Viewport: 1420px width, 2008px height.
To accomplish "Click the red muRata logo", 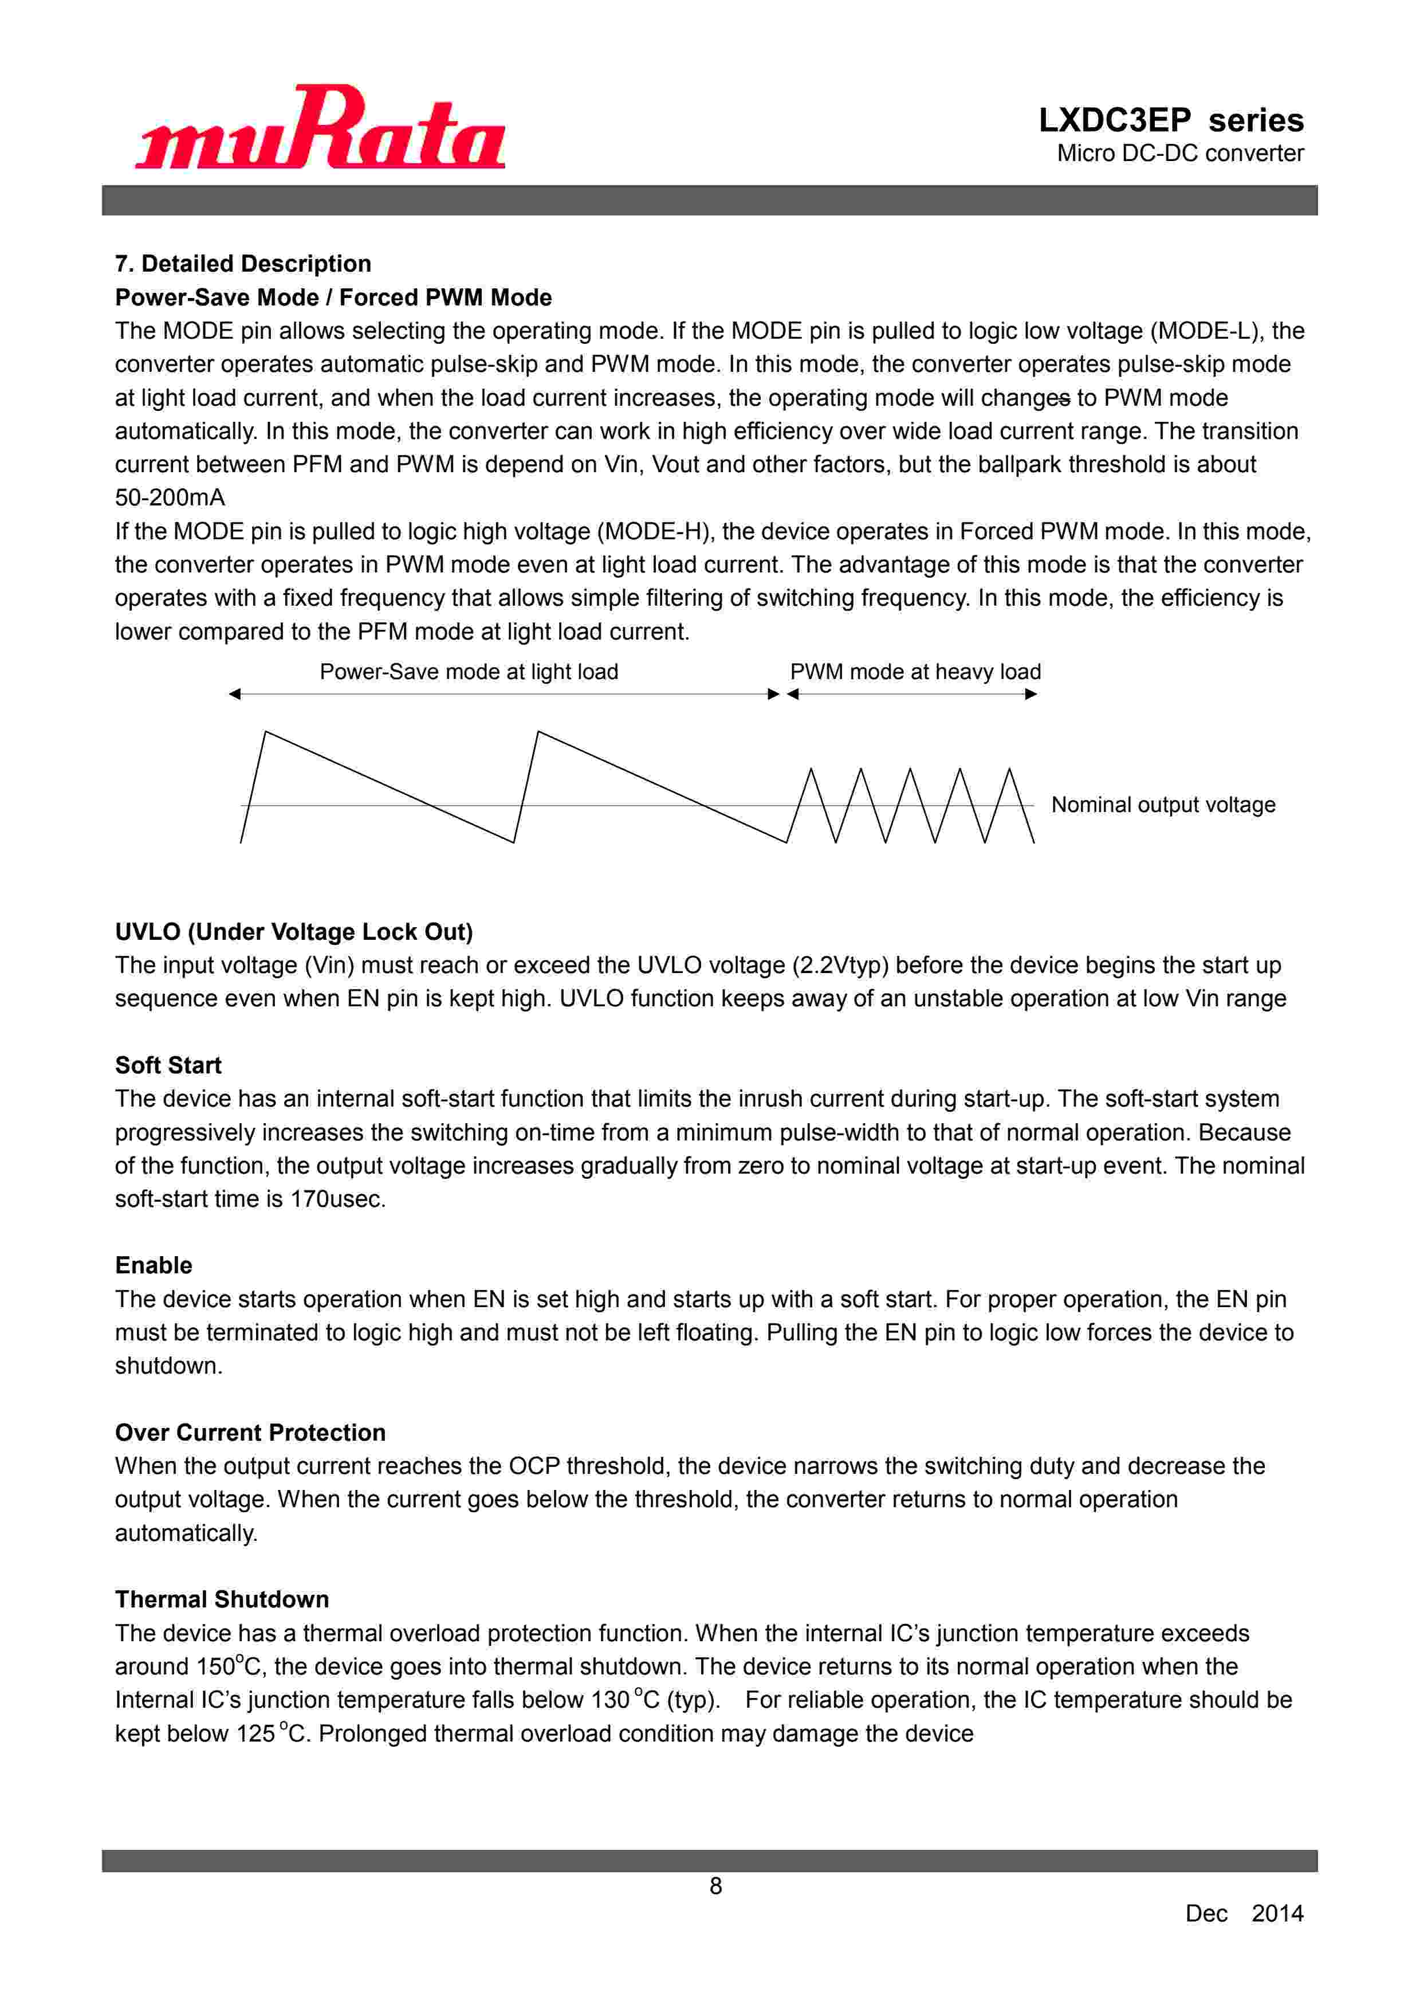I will point(320,128).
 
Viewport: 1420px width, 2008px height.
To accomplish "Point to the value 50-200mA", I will point(170,497).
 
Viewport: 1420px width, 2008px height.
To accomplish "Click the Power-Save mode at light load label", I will point(469,672).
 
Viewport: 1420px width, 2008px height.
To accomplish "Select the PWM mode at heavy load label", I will point(915,672).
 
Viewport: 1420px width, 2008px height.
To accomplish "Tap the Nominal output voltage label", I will point(1162,805).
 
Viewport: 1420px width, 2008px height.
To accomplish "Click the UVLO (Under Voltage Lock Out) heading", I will point(294,931).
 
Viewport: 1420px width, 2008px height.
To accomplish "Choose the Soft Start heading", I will point(168,1065).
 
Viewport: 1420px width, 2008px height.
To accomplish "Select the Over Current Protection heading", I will point(250,1433).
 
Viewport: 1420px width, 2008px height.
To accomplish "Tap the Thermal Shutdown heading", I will point(222,1599).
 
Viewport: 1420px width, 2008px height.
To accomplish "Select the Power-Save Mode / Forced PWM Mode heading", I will point(333,297).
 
